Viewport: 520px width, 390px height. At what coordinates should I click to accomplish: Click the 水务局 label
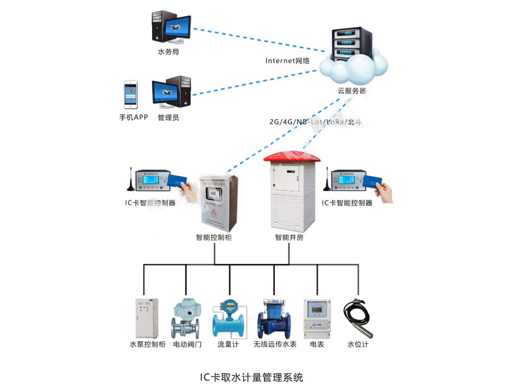coord(168,51)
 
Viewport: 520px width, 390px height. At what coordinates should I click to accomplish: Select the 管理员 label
coord(168,118)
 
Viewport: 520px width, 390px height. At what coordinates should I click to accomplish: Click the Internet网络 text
coord(287,60)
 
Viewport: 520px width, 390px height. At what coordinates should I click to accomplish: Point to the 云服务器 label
coord(351,91)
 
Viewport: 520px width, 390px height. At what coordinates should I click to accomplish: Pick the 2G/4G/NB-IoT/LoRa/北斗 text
coord(315,122)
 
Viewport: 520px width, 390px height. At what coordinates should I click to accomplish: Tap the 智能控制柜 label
coord(214,238)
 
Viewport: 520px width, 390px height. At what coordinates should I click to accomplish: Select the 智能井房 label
coord(289,238)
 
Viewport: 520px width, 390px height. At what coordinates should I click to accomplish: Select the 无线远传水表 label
coord(274,344)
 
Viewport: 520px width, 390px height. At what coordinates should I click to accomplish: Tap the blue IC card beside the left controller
coord(176,179)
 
